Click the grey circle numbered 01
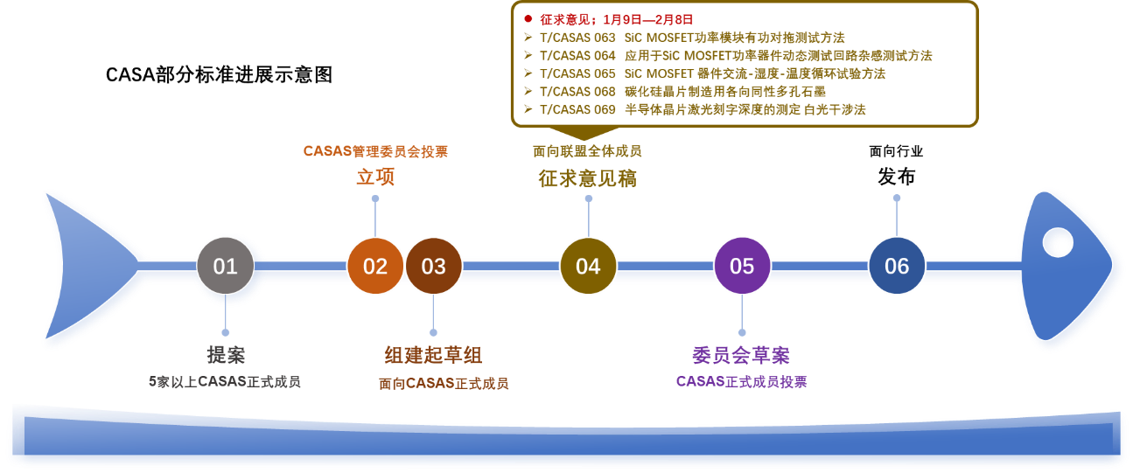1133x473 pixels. [225, 266]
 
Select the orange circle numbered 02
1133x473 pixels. [375, 266]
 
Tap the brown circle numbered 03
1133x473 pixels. [433, 266]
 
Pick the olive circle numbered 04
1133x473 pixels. [588, 266]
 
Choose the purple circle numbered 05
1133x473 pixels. [742, 266]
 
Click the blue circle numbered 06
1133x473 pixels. [897, 266]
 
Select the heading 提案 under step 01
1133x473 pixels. [226, 355]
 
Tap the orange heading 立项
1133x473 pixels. [375, 177]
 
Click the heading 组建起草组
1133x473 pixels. [433, 355]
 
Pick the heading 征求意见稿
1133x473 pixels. [587, 178]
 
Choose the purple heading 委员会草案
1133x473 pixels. [741, 355]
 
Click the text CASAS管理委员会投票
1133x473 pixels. [375, 151]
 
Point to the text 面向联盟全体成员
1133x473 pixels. [587, 151]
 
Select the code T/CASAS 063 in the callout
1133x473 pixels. [577, 38]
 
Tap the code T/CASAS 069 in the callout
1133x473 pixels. [577, 109]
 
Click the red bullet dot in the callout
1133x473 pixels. [528, 19]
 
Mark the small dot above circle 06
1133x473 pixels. [896, 198]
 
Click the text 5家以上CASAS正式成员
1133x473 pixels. [225, 382]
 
